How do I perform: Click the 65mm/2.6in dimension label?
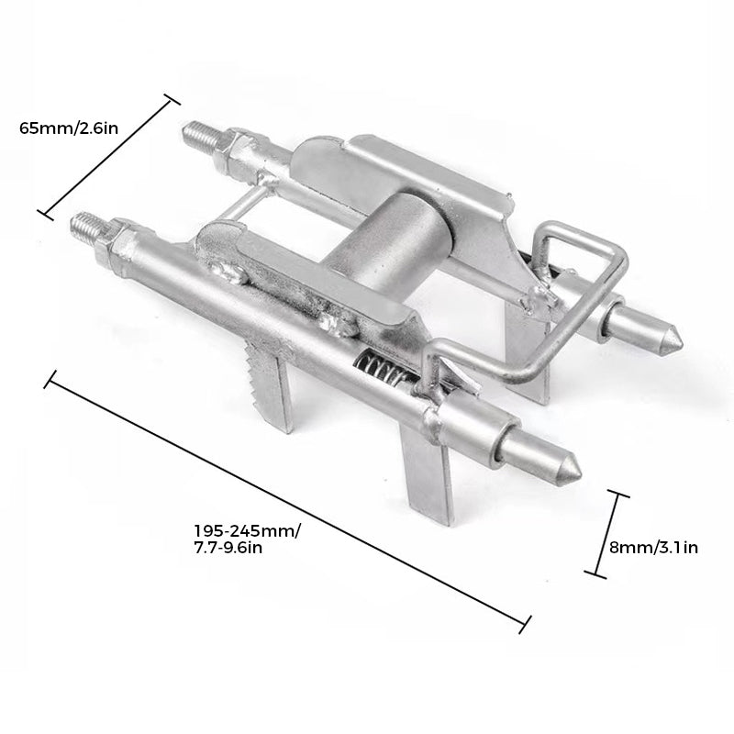coord(69,128)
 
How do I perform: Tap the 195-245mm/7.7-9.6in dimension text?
coord(248,539)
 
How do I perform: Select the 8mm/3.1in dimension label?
coord(653,547)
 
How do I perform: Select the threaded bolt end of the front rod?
coord(85,227)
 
